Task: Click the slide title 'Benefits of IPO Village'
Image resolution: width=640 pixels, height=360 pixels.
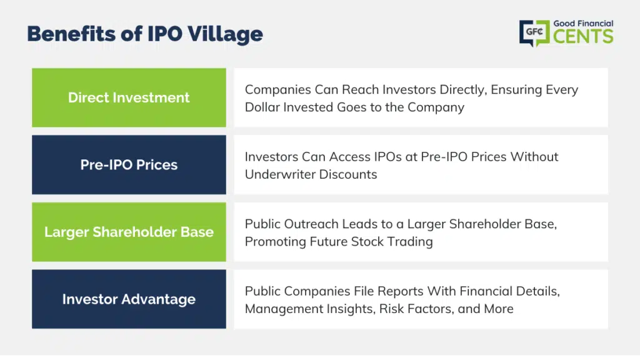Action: click(145, 34)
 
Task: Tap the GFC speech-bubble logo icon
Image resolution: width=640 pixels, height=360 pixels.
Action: click(534, 33)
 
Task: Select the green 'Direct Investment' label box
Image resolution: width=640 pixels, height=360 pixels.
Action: click(129, 97)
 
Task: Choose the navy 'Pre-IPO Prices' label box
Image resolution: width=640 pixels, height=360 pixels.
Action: click(129, 165)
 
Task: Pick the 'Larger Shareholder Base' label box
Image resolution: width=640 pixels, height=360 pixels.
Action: click(129, 232)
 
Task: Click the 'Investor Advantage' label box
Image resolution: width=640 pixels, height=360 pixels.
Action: click(129, 299)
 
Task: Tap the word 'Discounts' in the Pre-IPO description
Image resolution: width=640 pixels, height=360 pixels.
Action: click(348, 174)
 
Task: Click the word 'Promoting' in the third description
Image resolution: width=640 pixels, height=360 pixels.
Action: click(276, 242)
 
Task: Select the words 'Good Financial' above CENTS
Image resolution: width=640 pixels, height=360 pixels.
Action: click(583, 24)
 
